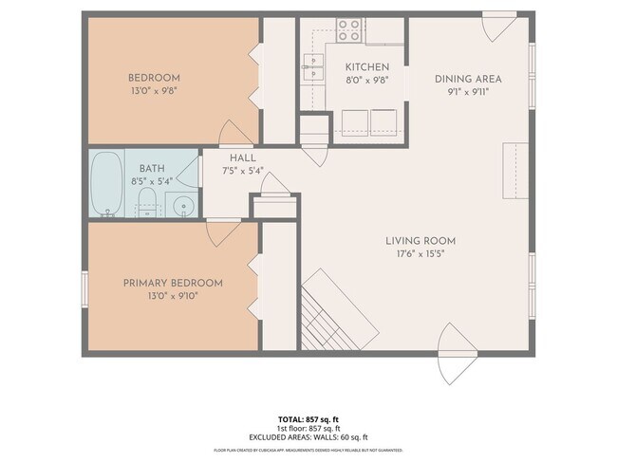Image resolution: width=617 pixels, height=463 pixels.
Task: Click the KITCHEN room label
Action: pyautogui.click(x=367, y=67)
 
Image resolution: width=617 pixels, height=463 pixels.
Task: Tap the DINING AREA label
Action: pyautogui.click(x=468, y=79)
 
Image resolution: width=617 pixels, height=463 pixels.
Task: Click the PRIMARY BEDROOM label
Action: pyautogui.click(x=173, y=283)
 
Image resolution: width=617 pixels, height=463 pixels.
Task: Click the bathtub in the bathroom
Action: pyautogui.click(x=106, y=183)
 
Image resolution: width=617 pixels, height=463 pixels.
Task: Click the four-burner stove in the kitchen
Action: pyautogui.click(x=348, y=28)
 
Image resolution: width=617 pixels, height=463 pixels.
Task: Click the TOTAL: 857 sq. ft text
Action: pyautogui.click(x=308, y=417)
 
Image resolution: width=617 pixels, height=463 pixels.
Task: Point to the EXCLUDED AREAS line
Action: pyautogui.click(x=308, y=437)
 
